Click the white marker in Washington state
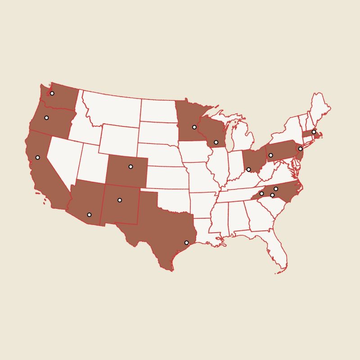coord(52,94)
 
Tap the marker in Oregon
coord(46,118)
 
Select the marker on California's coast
coord(38,157)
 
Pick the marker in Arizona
coord(89,215)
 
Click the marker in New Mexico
coord(120,200)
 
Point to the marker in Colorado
coord(130,166)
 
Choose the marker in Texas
coord(186,243)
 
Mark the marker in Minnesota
coord(194,127)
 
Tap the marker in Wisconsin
coord(216,142)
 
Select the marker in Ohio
coord(248,170)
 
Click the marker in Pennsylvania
coord(270,155)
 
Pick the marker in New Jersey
coord(300,148)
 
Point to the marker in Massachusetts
coord(314,132)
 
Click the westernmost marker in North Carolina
coord(261,193)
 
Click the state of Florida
coord(274,247)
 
